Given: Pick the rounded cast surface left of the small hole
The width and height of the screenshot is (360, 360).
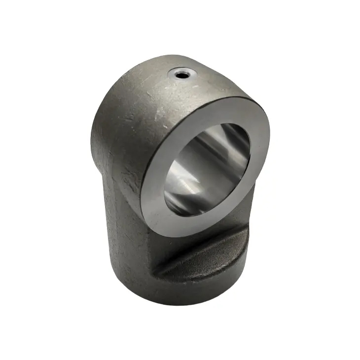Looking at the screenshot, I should pyautogui.click(x=138, y=94).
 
